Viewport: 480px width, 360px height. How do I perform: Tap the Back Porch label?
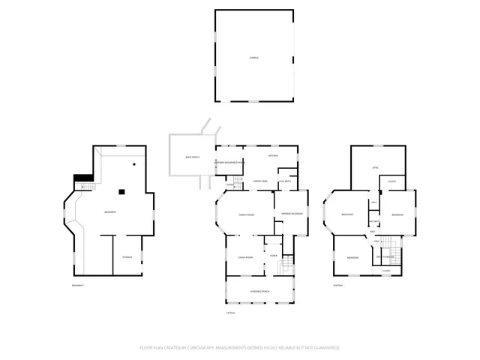(x=192, y=157)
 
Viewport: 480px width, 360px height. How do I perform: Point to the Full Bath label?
(x=285, y=181)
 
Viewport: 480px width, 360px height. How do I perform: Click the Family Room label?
(x=245, y=214)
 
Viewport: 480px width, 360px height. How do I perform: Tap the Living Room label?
(x=244, y=257)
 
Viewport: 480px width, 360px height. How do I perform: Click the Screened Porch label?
(x=260, y=290)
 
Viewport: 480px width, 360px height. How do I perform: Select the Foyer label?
(x=274, y=256)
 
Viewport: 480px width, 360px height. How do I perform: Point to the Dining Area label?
(x=260, y=181)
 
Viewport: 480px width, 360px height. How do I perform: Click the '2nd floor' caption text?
(x=338, y=286)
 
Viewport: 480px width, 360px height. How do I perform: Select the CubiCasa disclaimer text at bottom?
(x=240, y=348)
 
